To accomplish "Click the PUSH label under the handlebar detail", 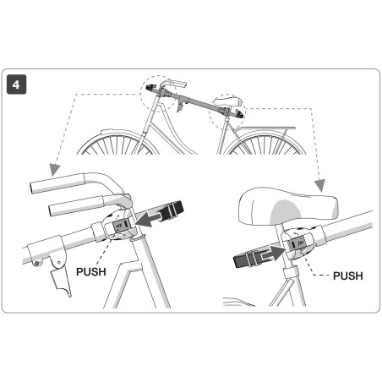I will (91, 273).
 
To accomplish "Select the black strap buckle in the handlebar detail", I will (174, 210).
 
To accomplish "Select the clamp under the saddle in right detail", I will (295, 246).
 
